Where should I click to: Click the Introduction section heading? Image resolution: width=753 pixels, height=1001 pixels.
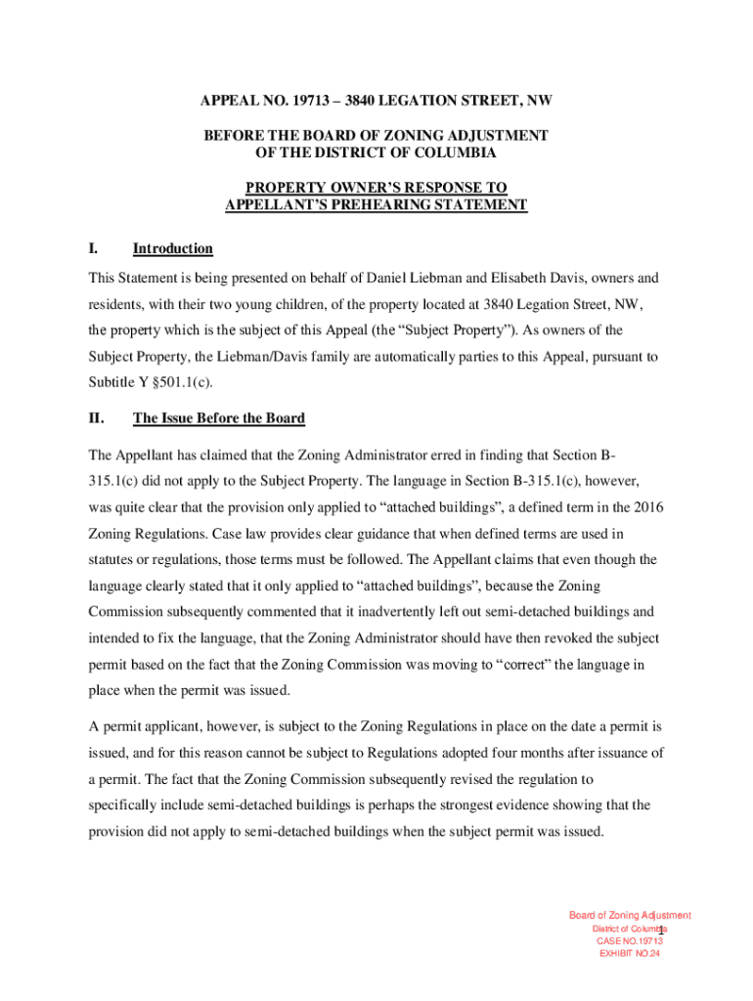pyautogui.click(x=172, y=249)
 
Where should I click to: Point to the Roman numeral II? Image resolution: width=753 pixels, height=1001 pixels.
pyautogui.click(x=96, y=418)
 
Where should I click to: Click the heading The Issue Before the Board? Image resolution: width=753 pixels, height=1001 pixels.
pyautogui.click(x=218, y=418)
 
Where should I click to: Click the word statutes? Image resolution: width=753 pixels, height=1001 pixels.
pyautogui.click(x=112, y=559)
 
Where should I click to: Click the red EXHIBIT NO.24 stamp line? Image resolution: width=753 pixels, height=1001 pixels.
pyautogui.click(x=630, y=954)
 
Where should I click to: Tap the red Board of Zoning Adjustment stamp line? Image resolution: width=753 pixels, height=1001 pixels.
pyautogui.click(x=630, y=916)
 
